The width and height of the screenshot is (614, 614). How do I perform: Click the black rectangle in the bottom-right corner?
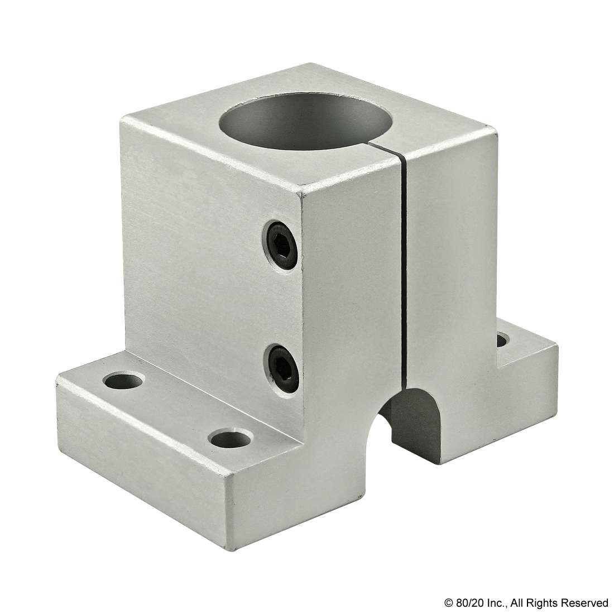525,603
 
